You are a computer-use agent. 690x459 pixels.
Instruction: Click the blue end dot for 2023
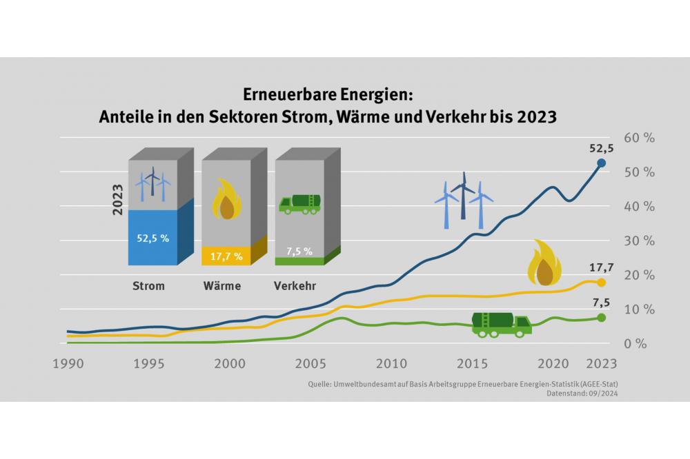pyautogui.click(x=601, y=163)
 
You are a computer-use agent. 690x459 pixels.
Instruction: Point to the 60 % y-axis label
pyautogui.click(x=638, y=137)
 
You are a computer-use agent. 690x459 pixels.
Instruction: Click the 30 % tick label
pyautogui.click(x=638, y=241)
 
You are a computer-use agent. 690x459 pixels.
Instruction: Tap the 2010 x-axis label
pyautogui.click(x=391, y=363)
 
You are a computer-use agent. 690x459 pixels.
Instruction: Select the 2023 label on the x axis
pyautogui.click(x=602, y=363)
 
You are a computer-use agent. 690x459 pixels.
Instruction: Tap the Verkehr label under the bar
pyautogui.click(x=295, y=285)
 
